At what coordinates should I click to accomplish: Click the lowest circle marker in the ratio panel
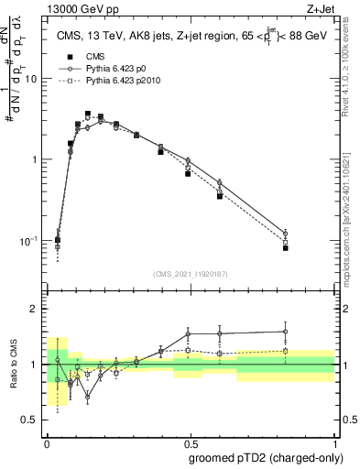coord(88,397)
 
